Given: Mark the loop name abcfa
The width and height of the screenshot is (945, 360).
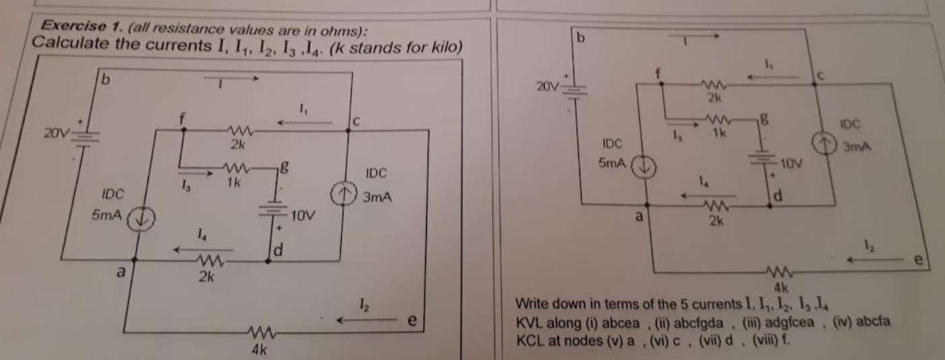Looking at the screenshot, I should (x=872, y=322).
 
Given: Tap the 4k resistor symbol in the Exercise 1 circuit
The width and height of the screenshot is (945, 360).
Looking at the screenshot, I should (x=259, y=332).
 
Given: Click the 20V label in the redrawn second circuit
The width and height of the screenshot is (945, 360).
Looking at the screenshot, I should (x=547, y=86).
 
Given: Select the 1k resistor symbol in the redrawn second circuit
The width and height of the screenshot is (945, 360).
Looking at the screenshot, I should (x=715, y=120).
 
